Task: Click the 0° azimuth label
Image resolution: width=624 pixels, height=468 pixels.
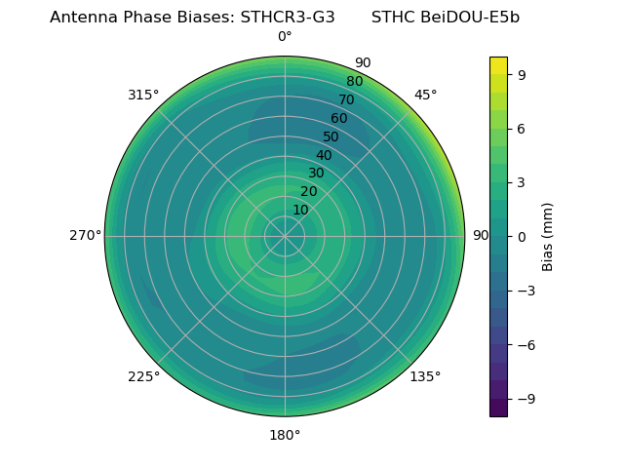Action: click(x=285, y=37)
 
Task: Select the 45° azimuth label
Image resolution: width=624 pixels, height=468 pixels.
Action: click(x=425, y=95)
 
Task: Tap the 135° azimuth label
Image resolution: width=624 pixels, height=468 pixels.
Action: click(x=425, y=376)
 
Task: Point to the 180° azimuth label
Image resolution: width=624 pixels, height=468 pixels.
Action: click(x=285, y=435)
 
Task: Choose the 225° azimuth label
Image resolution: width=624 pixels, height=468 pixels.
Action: click(x=143, y=376)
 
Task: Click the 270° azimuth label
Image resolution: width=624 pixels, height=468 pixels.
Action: click(x=85, y=236)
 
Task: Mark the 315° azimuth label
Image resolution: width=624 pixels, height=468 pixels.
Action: click(x=143, y=95)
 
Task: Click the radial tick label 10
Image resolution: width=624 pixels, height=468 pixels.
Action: click(x=300, y=210)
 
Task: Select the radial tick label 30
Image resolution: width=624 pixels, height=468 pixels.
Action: click(x=316, y=174)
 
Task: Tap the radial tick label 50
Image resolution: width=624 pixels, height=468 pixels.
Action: click(x=331, y=137)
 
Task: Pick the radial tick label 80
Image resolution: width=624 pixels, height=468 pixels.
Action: click(x=354, y=82)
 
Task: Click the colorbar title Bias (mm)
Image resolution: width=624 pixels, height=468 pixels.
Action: click(x=548, y=236)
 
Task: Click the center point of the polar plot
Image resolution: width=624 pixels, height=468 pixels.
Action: click(x=285, y=236)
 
